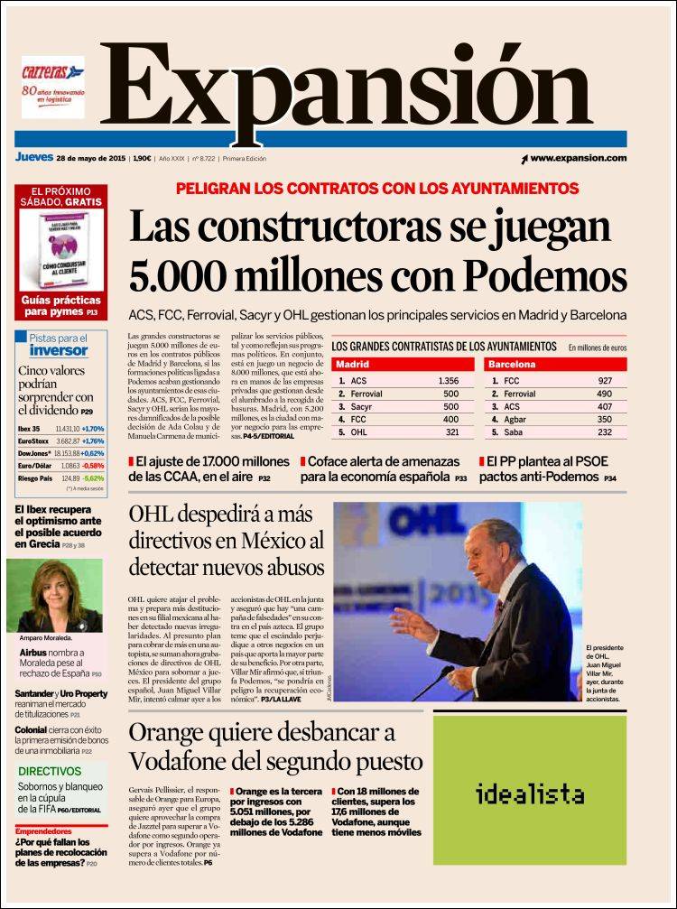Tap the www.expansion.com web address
pyautogui.click(x=578, y=158)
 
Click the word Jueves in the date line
pyautogui.click(x=33, y=157)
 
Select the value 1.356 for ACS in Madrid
pyautogui.click(x=449, y=381)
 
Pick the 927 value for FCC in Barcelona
pyautogui.click(x=605, y=381)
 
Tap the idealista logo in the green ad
pyautogui.click(x=530, y=794)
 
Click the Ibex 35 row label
pyautogui.click(x=29, y=428)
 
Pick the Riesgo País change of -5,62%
pyautogui.click(x=94, y=478)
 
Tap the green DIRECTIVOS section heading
pyautogui.click(x=50, y=772)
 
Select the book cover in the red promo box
pyautogui.click(x=61, y=251)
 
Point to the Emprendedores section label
pyautogui.click(x=43, y=830)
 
